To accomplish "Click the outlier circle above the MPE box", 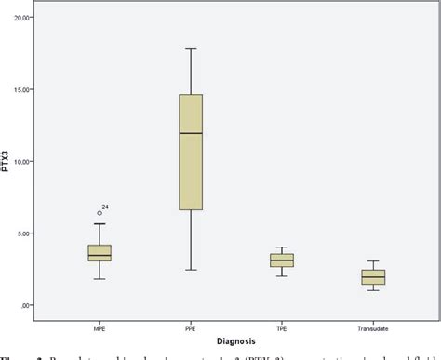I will pyautogui.click(x=100, y=213).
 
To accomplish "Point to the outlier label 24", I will pyautogui.click(x=108, y=207).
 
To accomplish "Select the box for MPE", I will pyautogui.click(x=100, y=253).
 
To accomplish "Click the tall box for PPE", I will pyautogui.click(x=191, y=152).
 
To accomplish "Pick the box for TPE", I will pyautogui.click(x=281, y=260).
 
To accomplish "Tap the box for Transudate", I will pyautogui.click(x=372, y=276).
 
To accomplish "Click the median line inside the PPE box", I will pyautogui.click(x=191, y=133).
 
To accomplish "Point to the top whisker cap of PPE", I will pyautogui.click(x=191, y=48).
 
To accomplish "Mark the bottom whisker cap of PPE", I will pyautogui.click(x=191, y=270).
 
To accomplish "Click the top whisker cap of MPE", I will pyautogui.click(x=100, y=223).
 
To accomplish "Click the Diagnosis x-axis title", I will pyautogui.click(x=235, y=339).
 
